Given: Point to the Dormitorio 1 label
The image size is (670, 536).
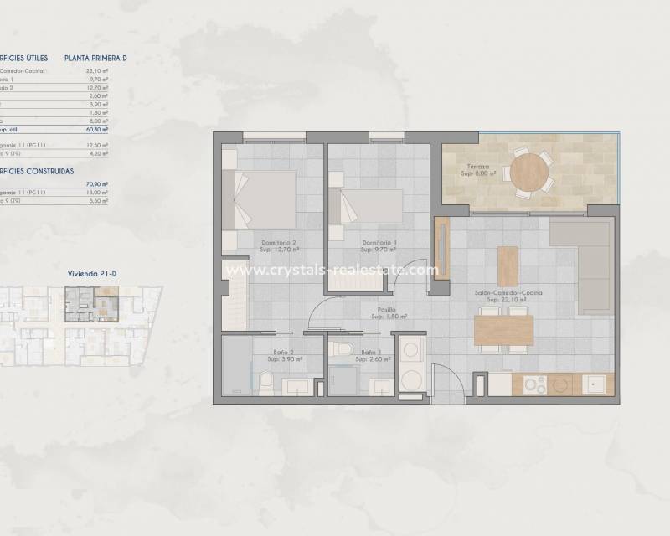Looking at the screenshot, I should point(379,245).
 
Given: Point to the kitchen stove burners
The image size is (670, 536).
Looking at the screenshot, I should point(535,384).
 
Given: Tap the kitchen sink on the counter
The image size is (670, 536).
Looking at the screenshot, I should point(596,384).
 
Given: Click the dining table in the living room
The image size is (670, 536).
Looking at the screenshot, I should point(503,329).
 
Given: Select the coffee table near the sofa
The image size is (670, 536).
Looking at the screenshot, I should point(508,265).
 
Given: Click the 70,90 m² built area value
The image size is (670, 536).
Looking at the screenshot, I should point(99,183).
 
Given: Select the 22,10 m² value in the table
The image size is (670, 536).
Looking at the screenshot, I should point(99,71).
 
